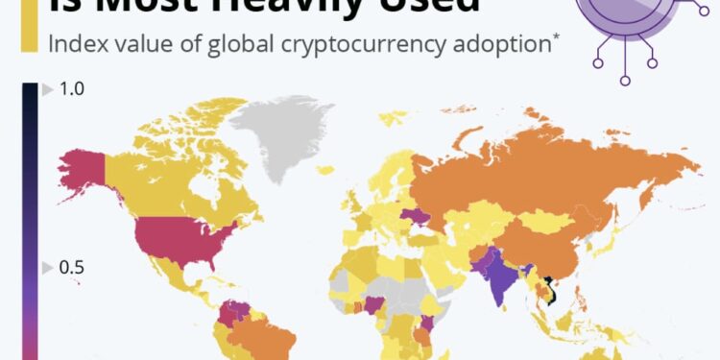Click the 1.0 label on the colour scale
72,89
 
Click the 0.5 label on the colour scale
72,267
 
